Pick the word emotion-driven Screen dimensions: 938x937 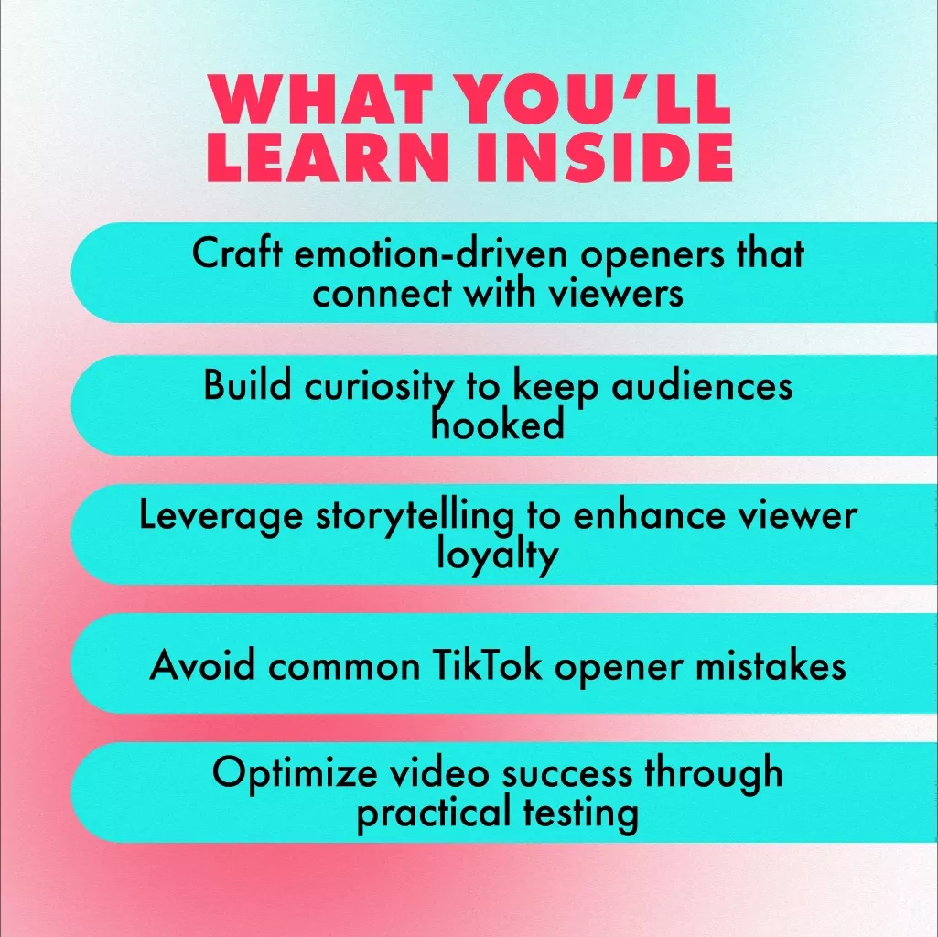click(431, 254)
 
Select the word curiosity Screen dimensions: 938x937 click(379, 388)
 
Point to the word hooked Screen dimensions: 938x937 click(498, 425)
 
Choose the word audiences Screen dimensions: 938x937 click(702, 386)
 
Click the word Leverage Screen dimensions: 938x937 click(221, 516)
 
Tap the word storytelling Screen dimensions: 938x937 click(415, 516)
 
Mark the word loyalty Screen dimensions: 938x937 click(497, 556)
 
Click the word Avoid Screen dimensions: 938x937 click(202, 664)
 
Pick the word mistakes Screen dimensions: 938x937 click(771, 664)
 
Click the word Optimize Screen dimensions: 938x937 click(295, 774)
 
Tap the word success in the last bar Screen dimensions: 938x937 click(567, 774)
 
